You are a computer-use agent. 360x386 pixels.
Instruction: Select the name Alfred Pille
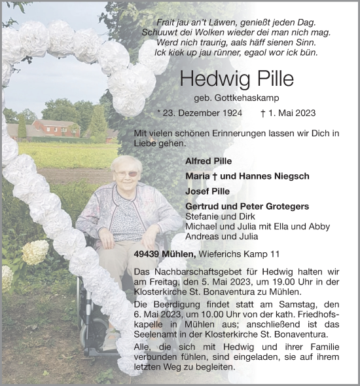coord(207,161)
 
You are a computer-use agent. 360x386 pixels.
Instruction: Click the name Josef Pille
coord(206,191)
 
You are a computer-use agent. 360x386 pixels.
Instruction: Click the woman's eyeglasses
coord(126,173)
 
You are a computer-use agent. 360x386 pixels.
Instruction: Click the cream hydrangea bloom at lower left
coord(35,251)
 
